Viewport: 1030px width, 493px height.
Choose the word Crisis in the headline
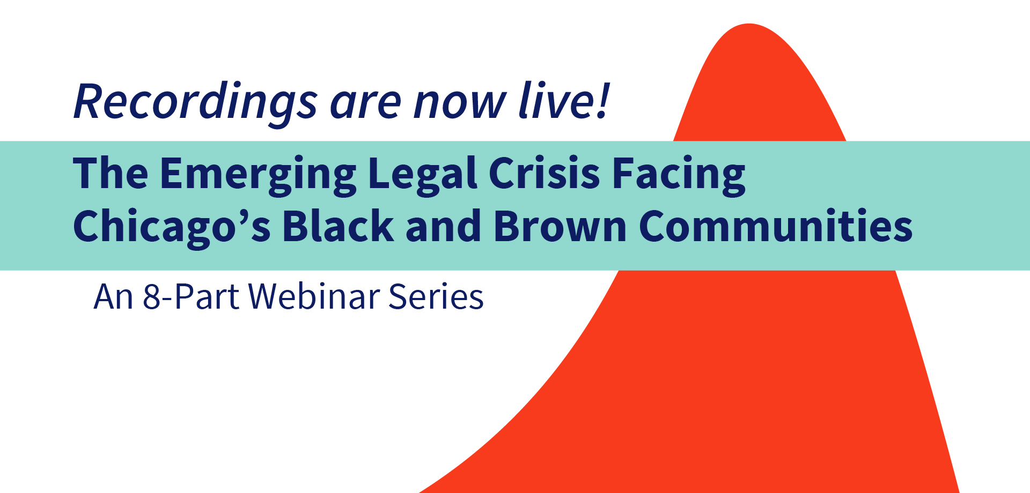coord(545,174)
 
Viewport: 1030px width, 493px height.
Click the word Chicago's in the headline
coord(172,228)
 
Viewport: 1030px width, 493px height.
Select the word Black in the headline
coord(339,225)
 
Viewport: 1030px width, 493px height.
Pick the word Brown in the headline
coord(560,225)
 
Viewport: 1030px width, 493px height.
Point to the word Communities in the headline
coord(776,225)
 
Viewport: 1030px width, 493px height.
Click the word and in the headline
coord(444,225)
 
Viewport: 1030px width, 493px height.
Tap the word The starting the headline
coord(111,173)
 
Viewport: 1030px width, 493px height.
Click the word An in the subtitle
coord(113,297)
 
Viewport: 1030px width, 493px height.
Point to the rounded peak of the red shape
coord(749,25)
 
